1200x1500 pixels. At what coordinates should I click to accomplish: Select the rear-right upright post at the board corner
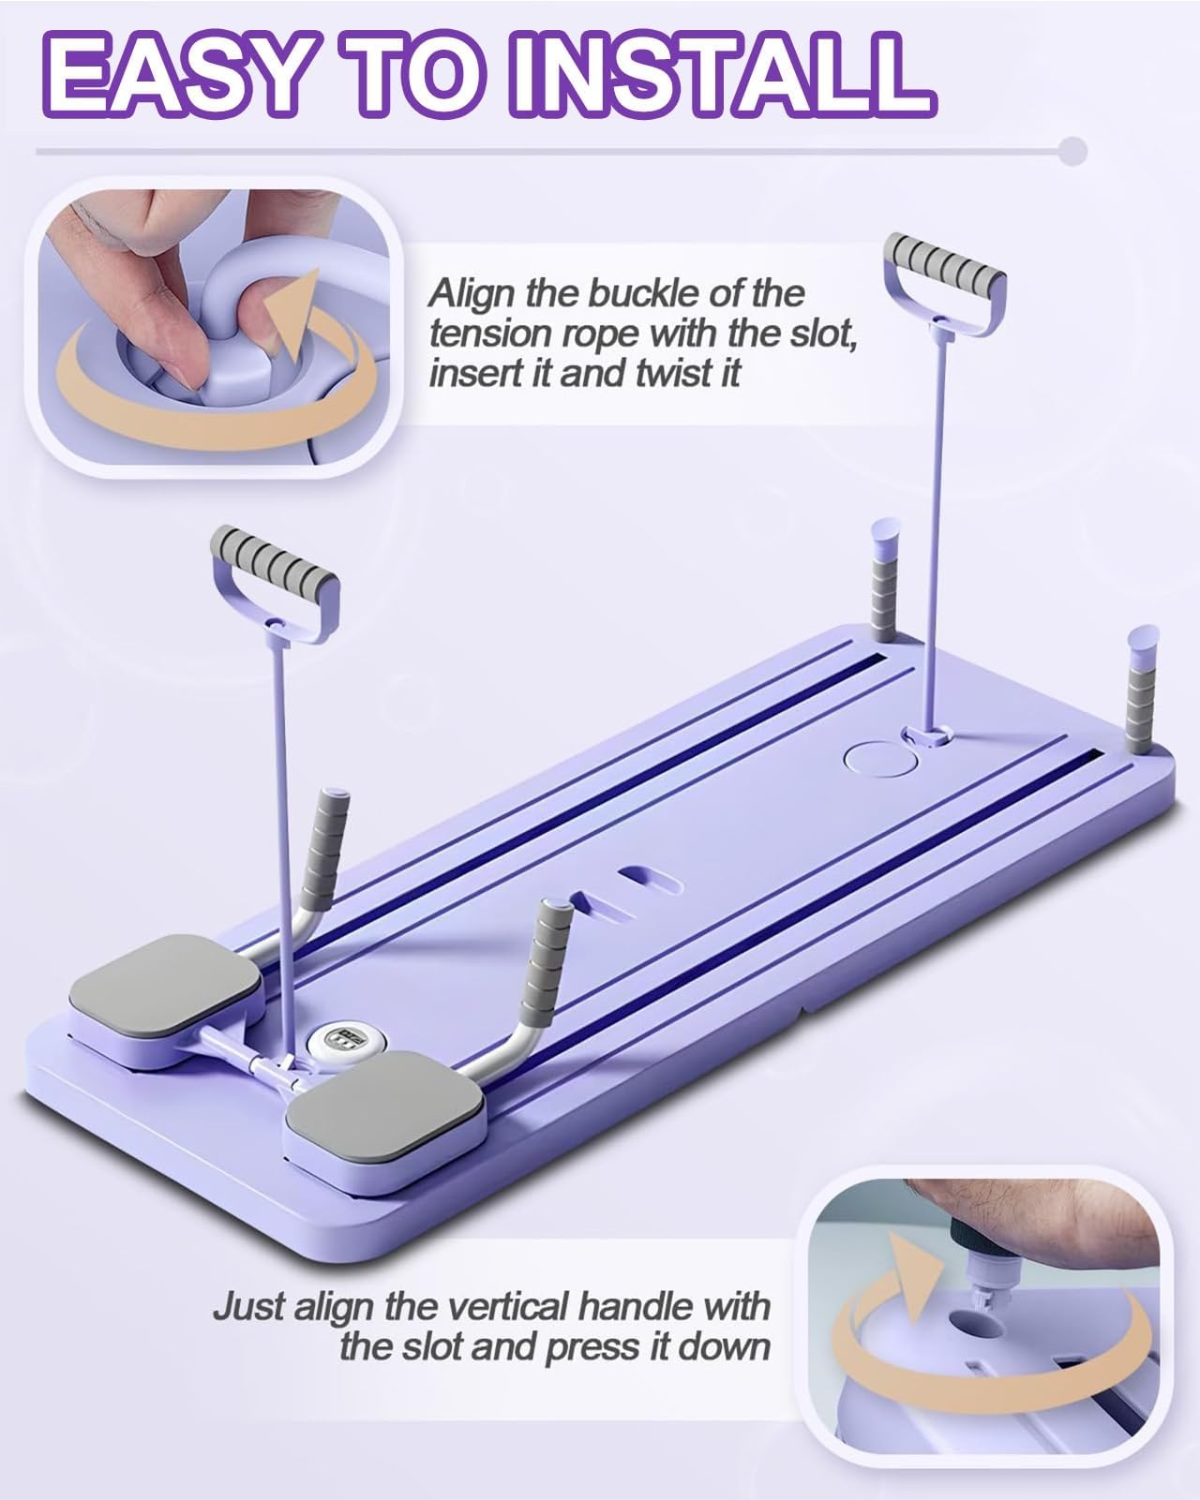click(x=1141, y=691)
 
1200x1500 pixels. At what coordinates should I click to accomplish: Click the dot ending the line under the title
click(x=1072, y=151)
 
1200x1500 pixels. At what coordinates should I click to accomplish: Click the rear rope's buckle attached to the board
click(x=927, y=734)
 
